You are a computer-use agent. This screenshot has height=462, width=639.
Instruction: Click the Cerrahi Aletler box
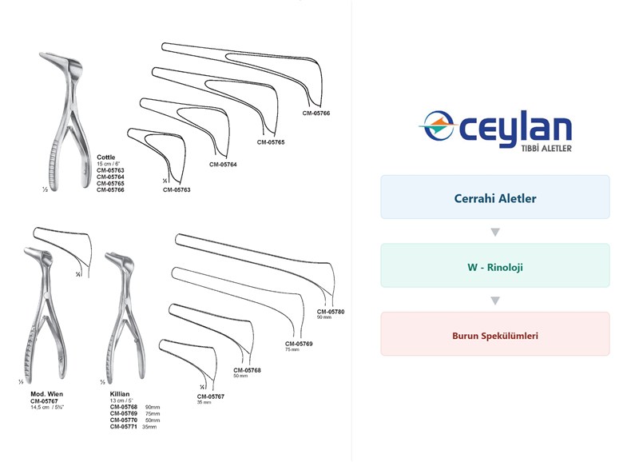(495, 197)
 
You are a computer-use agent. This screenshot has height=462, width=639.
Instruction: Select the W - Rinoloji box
(495, 265)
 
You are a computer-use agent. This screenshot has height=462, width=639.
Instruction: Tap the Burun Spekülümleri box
(495, 334)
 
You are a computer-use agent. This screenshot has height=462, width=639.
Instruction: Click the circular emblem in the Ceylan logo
(438, 125)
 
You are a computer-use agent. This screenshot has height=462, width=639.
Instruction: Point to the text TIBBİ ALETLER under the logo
(546, 149)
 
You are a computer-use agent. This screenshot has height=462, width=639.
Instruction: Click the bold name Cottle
(106, 157)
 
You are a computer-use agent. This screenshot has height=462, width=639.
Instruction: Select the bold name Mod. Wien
(47, 394)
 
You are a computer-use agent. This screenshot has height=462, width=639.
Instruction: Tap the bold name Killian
(120, 394)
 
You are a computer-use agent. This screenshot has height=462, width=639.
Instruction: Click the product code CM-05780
(331, 312)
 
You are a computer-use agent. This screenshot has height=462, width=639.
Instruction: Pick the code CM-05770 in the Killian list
(124, 420)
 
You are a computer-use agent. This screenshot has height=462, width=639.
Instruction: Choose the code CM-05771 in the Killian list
(124, 427)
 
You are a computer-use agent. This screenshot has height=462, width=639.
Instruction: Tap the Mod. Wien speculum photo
(44, 314)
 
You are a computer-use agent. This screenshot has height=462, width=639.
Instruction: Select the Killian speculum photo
(125, 316)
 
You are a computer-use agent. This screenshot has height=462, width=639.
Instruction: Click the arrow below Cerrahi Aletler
(495, 232)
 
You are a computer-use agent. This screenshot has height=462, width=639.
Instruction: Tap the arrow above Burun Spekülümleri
(495, 301)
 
